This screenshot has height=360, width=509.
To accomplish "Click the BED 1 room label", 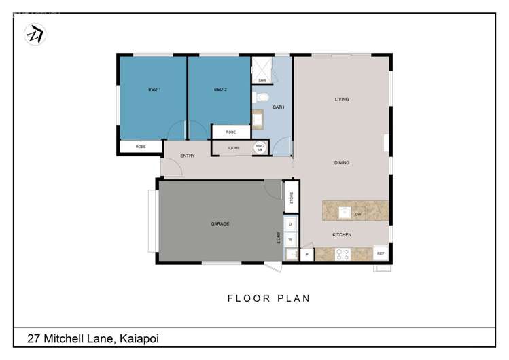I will [x=154, y=90].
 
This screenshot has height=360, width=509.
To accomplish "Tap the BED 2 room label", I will [x=220, y=90].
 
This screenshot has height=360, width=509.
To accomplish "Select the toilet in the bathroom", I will [x=258, y=98].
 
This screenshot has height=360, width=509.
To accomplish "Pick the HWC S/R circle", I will [x=259, y=147].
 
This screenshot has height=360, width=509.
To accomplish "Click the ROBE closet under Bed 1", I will [x=141, y=147].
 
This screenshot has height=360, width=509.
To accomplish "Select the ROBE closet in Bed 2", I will [x=230, y=132].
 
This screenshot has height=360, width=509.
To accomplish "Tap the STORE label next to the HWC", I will [x=233, y=147].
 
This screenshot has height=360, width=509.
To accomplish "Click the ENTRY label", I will [x=188, y=156].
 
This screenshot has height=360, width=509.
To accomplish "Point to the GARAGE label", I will [x=220, y=223].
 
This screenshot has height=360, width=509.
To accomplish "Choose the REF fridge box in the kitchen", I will [x=381, y=253].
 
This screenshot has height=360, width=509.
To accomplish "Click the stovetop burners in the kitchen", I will [x=342, y=254].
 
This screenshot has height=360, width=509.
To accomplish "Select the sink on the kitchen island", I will [x=345, y=213].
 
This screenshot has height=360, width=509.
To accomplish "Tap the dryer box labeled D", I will [x=290, y=223].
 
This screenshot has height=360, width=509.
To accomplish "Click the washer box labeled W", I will [x=290, y=239].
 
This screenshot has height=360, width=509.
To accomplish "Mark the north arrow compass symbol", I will [x=34, y=35].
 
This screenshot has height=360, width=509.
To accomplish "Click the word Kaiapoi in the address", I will [x=141, y=338].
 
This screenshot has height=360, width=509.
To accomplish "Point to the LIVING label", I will [x=341, y=99].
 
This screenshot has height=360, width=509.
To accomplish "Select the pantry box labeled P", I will [x=306, y=255].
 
